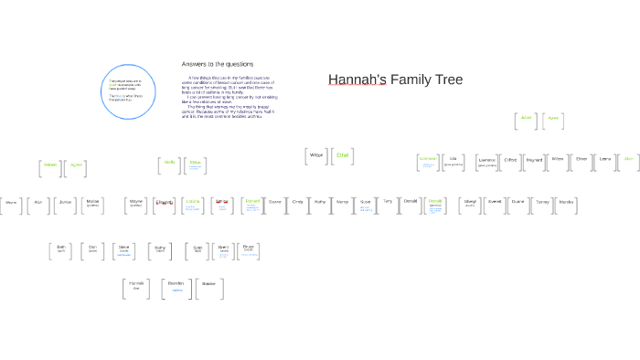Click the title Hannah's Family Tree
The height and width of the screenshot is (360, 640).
click(x=395, y=79)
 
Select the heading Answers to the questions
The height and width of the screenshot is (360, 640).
click(x=217, y=64)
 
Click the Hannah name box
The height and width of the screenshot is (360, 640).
click(x=135, y=286)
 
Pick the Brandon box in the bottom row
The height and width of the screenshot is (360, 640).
click(x=177, y=286)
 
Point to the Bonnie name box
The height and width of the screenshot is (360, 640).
click(x=208, y=286)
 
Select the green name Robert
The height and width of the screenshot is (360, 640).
click(x=50, y=165)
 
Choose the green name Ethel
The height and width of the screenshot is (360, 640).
click(x=343, y=156)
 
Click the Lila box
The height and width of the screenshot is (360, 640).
click(x=453, y=160)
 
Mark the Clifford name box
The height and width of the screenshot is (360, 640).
click(x=510, y=160)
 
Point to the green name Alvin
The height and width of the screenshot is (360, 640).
click(x=628, y=160)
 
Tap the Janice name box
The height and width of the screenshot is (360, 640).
click(x=65, y=202)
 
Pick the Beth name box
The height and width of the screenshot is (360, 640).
click(x=61, y=248)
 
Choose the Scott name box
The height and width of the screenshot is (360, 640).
click(x=197, y=249)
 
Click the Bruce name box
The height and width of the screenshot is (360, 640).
click(x=248, y=249)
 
